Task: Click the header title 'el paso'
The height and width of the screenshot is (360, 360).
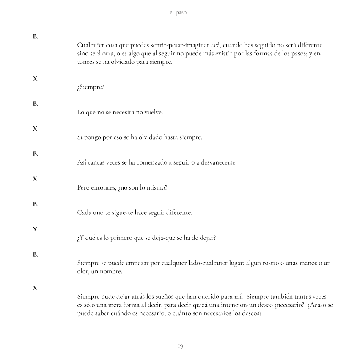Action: (178, 13)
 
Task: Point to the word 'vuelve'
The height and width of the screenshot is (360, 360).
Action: (153, 113)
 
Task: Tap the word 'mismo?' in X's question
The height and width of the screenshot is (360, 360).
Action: (157, 188)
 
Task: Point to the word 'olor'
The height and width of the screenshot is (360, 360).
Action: (83, 272)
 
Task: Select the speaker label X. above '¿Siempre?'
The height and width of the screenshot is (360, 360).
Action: (36, 78)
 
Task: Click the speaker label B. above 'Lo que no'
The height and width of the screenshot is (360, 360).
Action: (36, 103)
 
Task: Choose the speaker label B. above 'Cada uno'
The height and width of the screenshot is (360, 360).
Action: (36, 204)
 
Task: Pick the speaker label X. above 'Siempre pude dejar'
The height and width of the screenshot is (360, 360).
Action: (36, 288)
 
